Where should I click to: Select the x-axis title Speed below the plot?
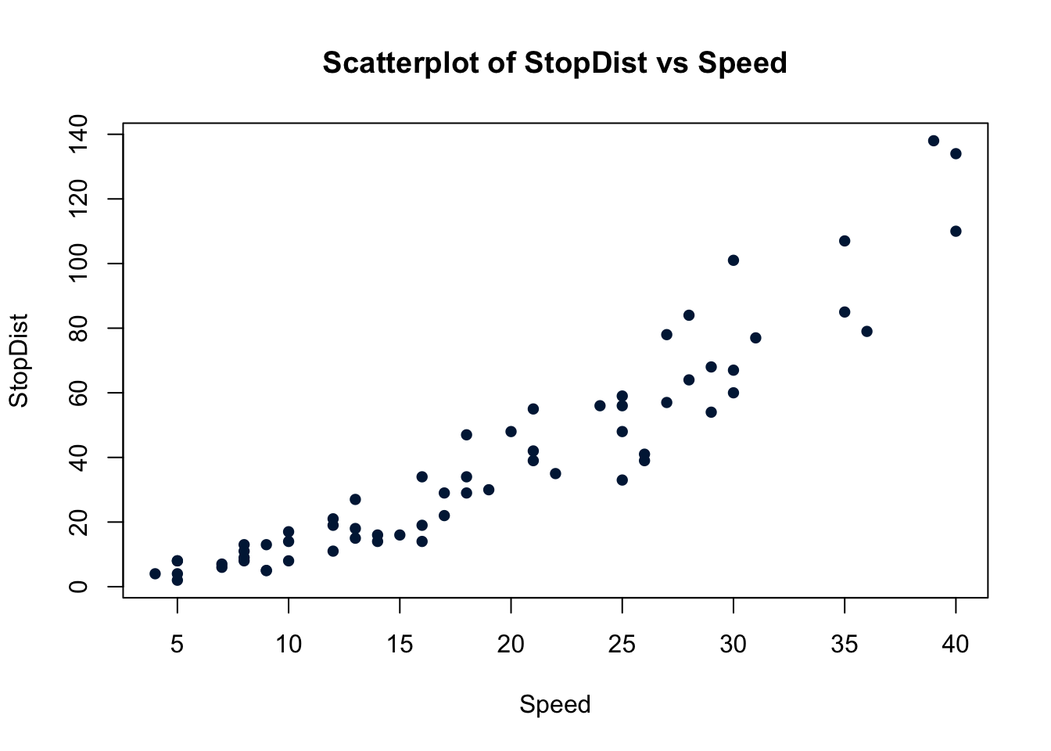pos(554,705)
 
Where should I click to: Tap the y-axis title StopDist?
pos(19,361)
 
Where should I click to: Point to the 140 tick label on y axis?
pos(78,135)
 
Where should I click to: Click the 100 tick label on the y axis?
pos(78,264)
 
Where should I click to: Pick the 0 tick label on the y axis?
pos(78,586)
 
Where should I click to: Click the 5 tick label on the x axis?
pos(178,645)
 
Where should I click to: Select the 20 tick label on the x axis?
pos(511,645)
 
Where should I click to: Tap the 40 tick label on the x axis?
pos(955,645)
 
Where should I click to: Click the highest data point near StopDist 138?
pos(933,141)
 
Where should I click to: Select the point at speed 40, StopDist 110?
pos(956,231)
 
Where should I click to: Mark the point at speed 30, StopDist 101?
pos(734,261)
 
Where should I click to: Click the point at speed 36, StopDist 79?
pos(866,332)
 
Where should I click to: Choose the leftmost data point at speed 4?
pos(155,573)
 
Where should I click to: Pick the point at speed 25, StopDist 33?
pos(622,480)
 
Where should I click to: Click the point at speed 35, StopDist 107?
pos(845,241)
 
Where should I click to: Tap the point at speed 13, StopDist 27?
pos(355,499)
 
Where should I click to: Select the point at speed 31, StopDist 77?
pos(755,338)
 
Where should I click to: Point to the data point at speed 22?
pos(555,473)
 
